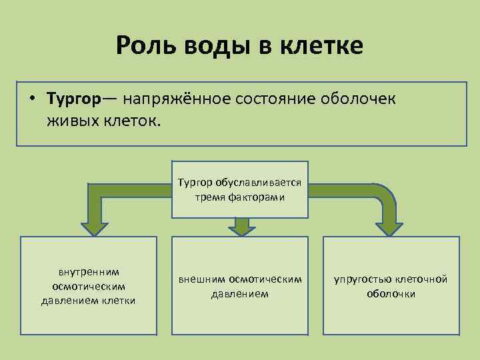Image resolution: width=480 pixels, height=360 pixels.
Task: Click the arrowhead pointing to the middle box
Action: tap(241, 228)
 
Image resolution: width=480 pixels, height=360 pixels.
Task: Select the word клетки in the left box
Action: tap(120, 301)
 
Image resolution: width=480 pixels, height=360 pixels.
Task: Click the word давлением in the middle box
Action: tap(240, 293)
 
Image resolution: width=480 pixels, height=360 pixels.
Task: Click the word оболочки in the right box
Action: tap(391, 293)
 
